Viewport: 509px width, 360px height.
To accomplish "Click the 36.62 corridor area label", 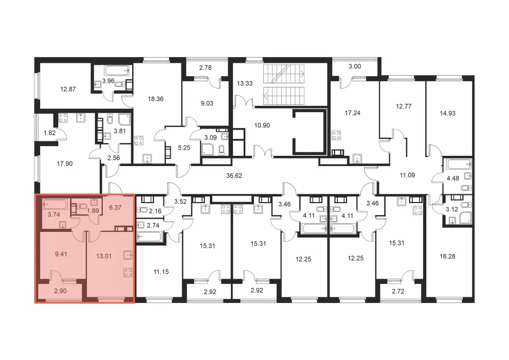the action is coord(234,175).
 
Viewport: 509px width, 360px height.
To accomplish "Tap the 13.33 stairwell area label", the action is coord(244,83).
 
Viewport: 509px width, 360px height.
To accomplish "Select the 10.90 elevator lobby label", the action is coord(262,125).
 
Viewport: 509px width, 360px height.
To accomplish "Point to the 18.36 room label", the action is coord(155,99).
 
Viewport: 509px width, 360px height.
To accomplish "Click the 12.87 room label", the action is coord(68,89).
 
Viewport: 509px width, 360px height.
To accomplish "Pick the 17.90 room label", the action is coord(65,164).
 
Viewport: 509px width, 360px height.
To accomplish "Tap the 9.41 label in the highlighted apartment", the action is coord(61,254).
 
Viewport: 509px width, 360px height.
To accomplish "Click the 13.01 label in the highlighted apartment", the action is coord(104,256).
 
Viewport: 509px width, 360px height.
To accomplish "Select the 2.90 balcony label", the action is coord(60,291).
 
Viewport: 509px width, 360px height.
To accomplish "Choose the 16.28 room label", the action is coord(447,256).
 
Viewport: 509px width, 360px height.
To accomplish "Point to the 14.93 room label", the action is coord(447,113).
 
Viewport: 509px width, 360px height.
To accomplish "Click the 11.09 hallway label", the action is coord(407,175).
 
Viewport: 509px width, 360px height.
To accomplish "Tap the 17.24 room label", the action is coord(353,113).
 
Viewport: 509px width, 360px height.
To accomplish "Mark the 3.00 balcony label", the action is coord(355,66).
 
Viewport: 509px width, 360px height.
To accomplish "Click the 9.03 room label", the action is coord(207,103).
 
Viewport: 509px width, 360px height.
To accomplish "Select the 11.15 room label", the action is coord(161,272).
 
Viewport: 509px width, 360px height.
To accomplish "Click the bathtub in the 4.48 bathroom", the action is coord(459,164).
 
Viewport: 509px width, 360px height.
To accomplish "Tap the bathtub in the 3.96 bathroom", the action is coord(118,70).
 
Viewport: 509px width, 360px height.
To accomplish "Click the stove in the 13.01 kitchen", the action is coord(128,273).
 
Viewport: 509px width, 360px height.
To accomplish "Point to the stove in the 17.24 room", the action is coord(336,135).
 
